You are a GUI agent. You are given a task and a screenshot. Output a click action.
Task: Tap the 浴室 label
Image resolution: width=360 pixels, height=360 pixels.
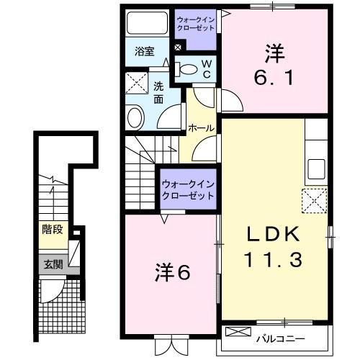pos(145,51)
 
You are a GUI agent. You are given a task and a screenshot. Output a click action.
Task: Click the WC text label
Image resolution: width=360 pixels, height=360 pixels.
pos(205,69)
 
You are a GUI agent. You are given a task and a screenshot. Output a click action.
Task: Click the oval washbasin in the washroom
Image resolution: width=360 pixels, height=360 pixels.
pos(135,117)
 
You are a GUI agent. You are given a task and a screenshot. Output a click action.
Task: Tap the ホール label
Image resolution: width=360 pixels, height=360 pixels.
pos(199,128)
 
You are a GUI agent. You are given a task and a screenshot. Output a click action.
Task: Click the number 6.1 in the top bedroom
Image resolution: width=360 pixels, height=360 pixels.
pos(274,76)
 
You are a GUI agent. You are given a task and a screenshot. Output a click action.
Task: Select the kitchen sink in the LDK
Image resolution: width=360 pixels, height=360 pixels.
pos(317,170)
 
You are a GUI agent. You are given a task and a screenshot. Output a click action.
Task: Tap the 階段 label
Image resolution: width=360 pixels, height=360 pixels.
pos(51,231)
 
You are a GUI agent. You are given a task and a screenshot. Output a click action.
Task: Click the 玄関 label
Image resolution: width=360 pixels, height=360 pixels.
pos(52,264)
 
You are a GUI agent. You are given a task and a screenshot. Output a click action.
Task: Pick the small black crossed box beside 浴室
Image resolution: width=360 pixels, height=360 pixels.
pos(178,48)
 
